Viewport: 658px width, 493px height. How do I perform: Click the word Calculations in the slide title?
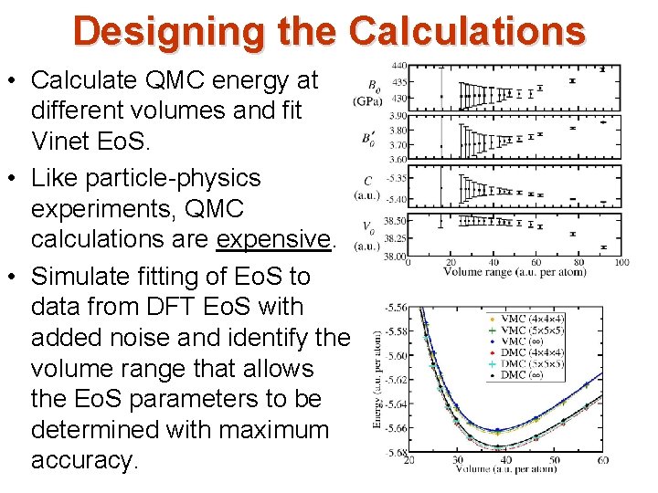[467, 30]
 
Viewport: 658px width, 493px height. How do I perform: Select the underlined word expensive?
[273, 239]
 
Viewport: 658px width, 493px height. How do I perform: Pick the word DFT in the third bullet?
[178, 307]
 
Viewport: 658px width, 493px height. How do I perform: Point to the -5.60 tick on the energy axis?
[396, 356]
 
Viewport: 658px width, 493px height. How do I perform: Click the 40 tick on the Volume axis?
[507, 459]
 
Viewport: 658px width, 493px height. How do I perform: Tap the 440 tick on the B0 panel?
[398, 66]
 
